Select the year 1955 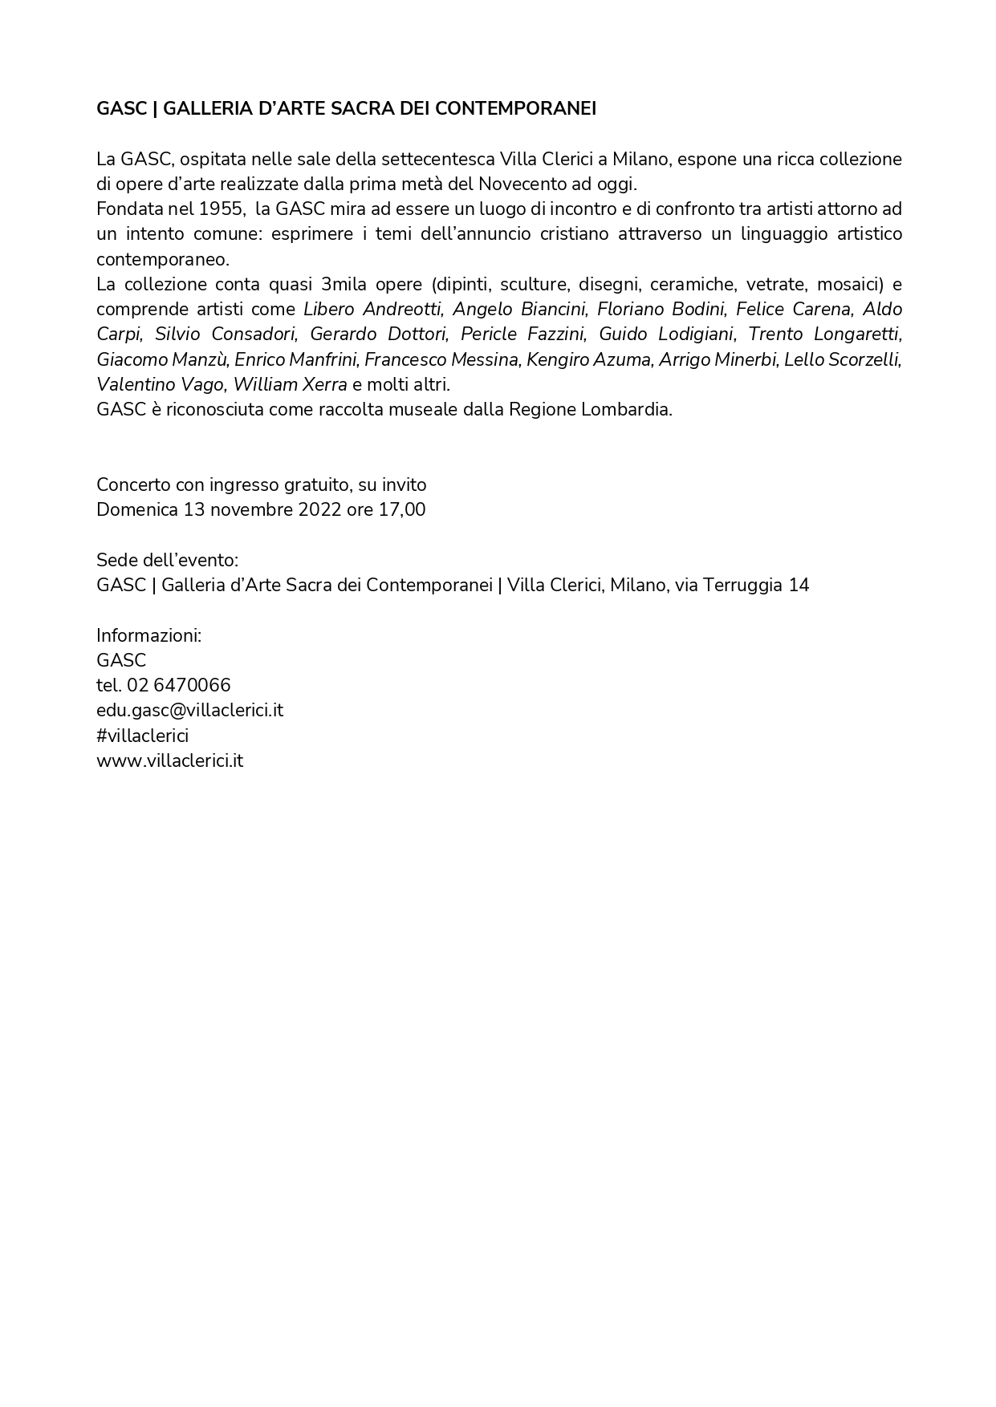tap(222, 209)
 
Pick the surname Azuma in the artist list tap(622, 360)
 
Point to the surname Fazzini tap(556, 335)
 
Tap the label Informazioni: tap(148, 636)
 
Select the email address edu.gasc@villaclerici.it tap(189, 711)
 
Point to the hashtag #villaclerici tap(142, 736)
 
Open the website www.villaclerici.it tap(169, 761)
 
